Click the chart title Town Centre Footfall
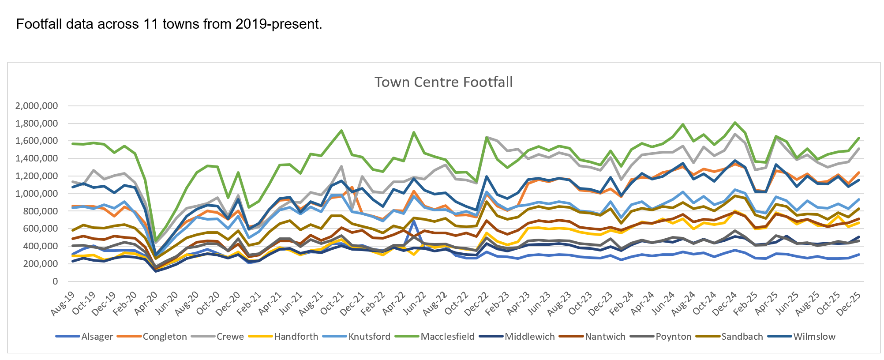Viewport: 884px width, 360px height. coord(443,82)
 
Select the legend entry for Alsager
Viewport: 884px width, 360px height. coord(97,337)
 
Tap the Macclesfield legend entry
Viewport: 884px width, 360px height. coord(447,337)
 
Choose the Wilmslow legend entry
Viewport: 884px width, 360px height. coord(814,337)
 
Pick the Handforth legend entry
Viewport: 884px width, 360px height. coord(296,337)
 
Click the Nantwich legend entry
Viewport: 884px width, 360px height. coord(605,337)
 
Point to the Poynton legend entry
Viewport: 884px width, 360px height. coord(673,337)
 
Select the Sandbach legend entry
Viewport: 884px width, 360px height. coord(742,337)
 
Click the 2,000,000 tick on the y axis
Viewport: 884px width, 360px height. coord(36,106)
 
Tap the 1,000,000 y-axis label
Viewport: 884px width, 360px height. coord(36,194)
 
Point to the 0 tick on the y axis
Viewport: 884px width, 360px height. coord(55,281)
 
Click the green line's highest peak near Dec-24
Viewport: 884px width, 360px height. coord(735,123)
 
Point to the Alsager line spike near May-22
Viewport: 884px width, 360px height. coord(413,221)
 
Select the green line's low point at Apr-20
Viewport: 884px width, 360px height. coord(156,240)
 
